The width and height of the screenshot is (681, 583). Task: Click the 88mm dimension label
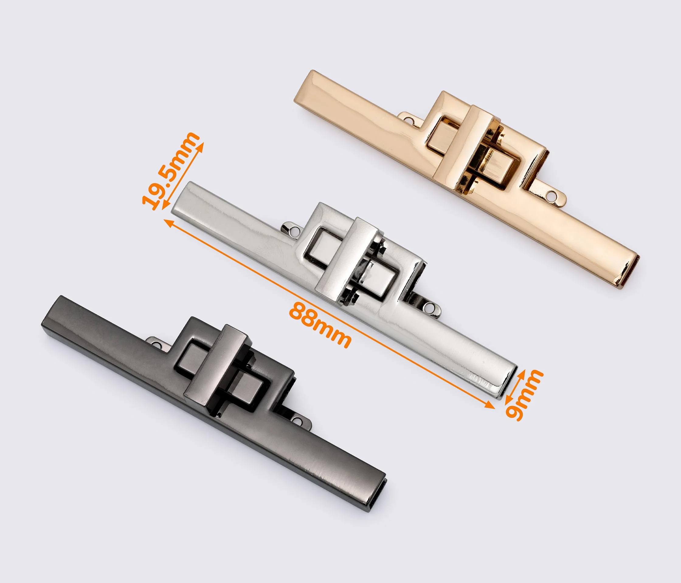(320, 325)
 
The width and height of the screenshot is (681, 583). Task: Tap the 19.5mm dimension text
(171, 171)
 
